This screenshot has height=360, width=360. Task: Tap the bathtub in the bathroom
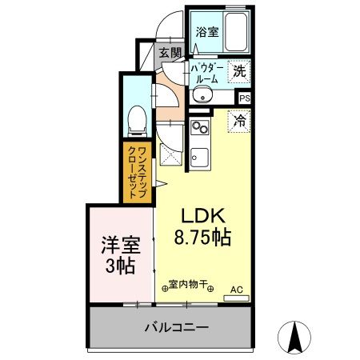(x=234, y=32)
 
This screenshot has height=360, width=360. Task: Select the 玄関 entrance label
(x=169, y=54)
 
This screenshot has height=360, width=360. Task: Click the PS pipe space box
(x=243, y=98)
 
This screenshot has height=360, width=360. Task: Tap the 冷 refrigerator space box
(x=239, y=122)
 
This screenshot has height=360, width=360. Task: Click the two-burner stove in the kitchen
(x=200, y=127)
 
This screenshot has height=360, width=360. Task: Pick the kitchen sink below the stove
(x=200, y=155)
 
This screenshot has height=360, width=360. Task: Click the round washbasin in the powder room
(x=202, y=97)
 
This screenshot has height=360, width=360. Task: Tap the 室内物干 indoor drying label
(x=189, y=285)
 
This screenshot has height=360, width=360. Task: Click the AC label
(x=237, y=289)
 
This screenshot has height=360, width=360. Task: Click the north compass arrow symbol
(x=294, y=335)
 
